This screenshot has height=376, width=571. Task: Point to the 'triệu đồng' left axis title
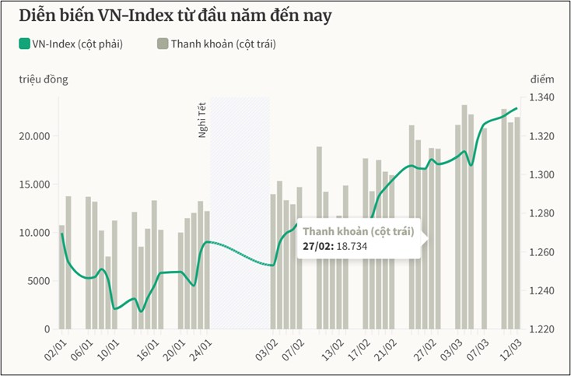[44, 79]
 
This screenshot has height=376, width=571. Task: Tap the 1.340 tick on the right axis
[541, 97]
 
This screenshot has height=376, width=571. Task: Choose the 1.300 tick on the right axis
[541, 175]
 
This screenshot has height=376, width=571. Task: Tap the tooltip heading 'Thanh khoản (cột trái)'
[357, 231]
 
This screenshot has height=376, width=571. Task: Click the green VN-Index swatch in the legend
[25, 44]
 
